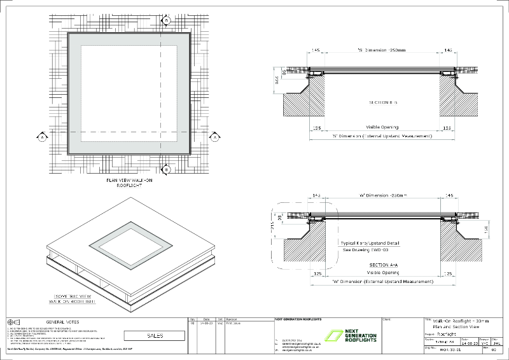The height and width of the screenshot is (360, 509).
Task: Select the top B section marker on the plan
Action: point(166,20)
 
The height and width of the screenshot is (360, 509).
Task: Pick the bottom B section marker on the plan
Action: point(166,169)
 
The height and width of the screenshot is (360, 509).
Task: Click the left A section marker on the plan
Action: point(42,137)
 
